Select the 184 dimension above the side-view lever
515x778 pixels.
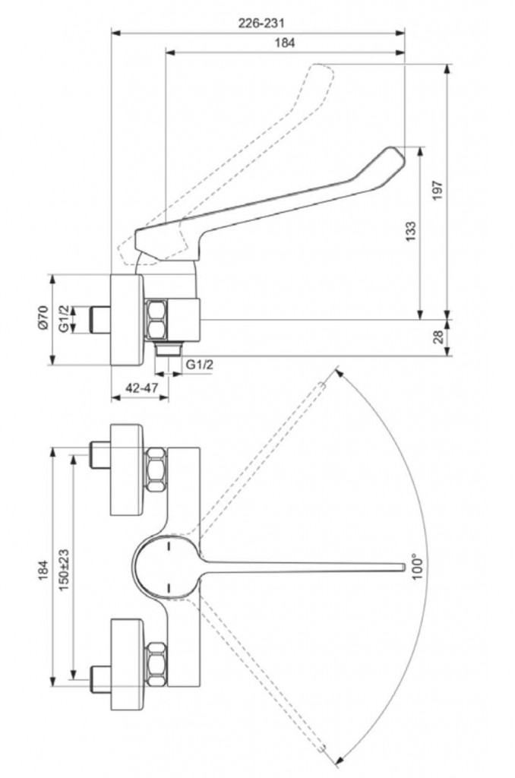tap(285, 43)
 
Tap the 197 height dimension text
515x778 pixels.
tap(438, 191)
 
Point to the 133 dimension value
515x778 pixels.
tap(411, 232)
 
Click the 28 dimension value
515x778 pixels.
tap(438, 337)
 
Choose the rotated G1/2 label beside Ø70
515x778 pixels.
tap(64, 319)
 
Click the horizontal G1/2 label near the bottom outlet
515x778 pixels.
tap(200, 365)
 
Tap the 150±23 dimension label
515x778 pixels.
tap(64, 570)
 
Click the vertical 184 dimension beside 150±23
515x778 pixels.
tap(43, 570)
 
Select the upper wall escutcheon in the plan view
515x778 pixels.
tap(127, 469)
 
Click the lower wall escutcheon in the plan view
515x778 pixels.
tap(127, 665)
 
